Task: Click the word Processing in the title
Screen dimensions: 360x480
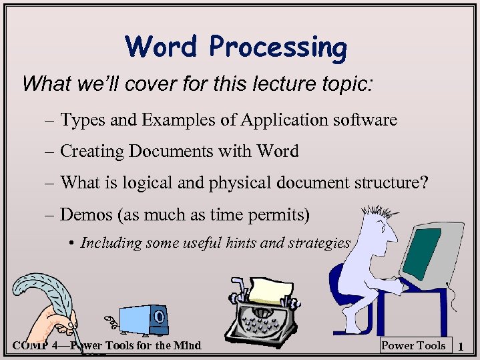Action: pyautogui.click(x=278, y=48)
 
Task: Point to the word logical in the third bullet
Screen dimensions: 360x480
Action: pyautogui.click(x=178, y=183)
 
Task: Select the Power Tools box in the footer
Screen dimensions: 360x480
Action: pyautogui.click(x=413, y=345)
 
